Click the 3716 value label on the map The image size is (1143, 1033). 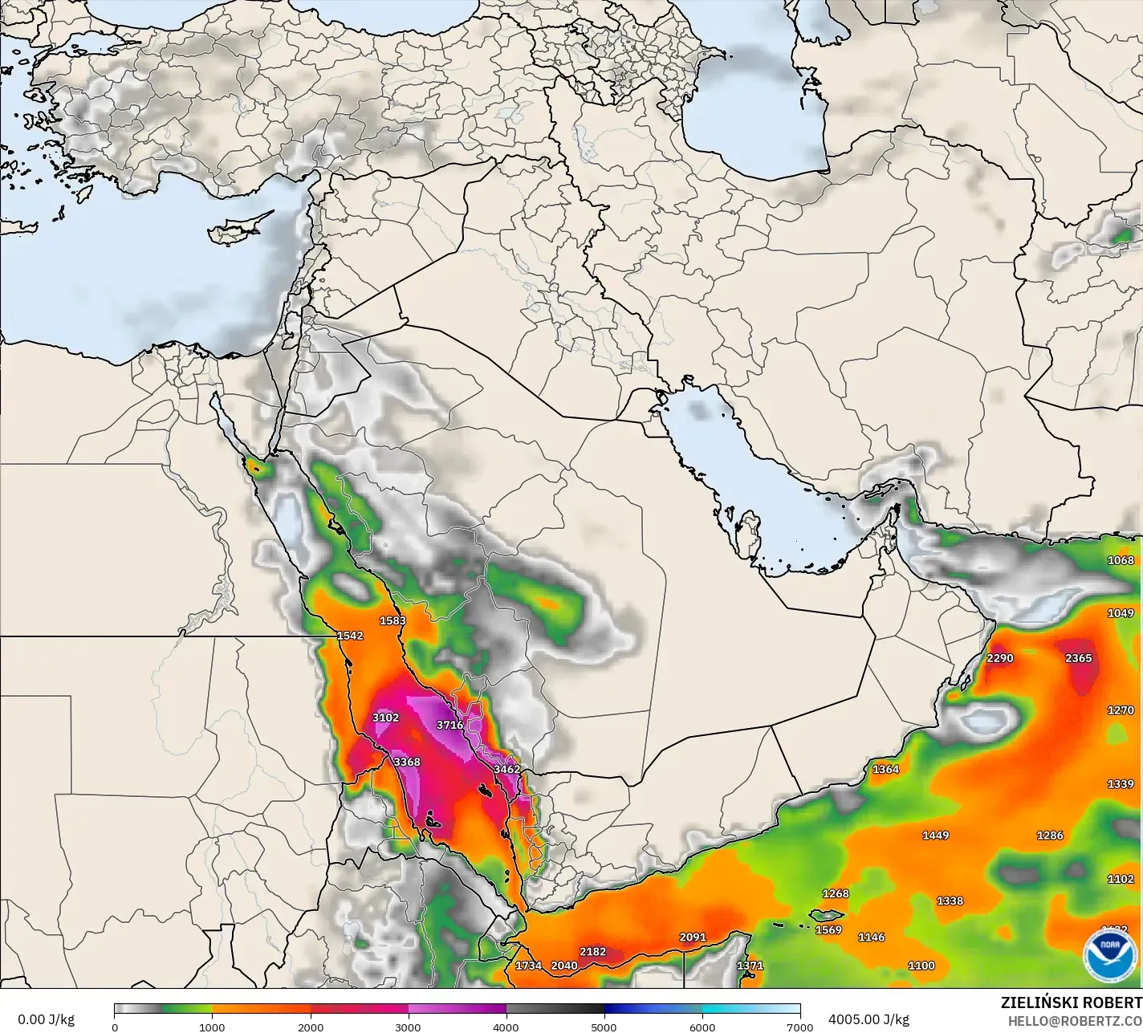pos(449,725)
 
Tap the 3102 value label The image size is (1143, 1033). pos(385,718)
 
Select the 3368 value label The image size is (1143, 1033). pos(407,762)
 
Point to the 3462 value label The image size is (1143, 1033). pos(507,769)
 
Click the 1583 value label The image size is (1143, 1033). pos(393,620)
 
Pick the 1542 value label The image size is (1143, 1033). pos(350,636)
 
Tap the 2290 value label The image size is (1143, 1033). pos(1000,658)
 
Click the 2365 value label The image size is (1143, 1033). pos(1079,658)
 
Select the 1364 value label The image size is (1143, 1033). pos(886,769)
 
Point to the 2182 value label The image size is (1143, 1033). pos(593,952)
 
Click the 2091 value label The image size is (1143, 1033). pos(693,937)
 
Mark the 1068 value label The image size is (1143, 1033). pos(1121,560)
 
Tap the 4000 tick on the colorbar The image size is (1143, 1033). pos(506,1027)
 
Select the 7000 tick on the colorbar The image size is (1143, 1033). pos(799,1027)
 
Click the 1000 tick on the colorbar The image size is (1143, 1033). pos(212,1027)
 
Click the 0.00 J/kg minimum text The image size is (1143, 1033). pos(46,1019)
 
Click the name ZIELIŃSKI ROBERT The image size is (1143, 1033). pos(1071,1002)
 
